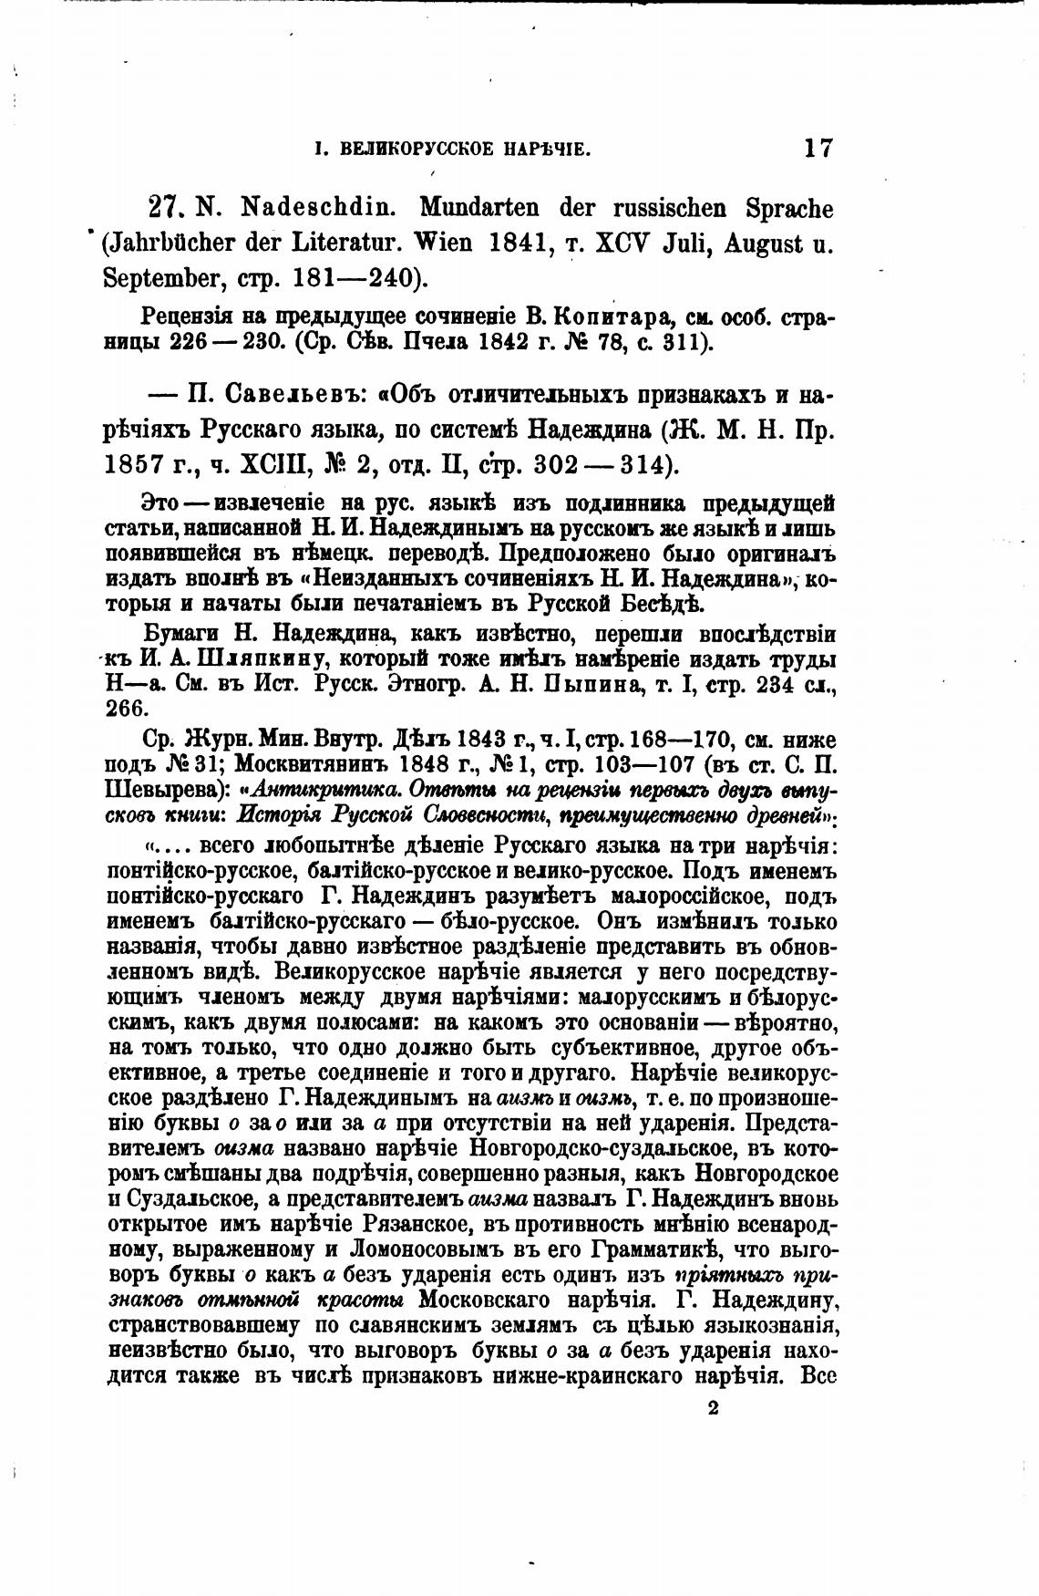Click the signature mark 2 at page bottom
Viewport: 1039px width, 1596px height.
pyautogui.click(x=713, y=1408)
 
